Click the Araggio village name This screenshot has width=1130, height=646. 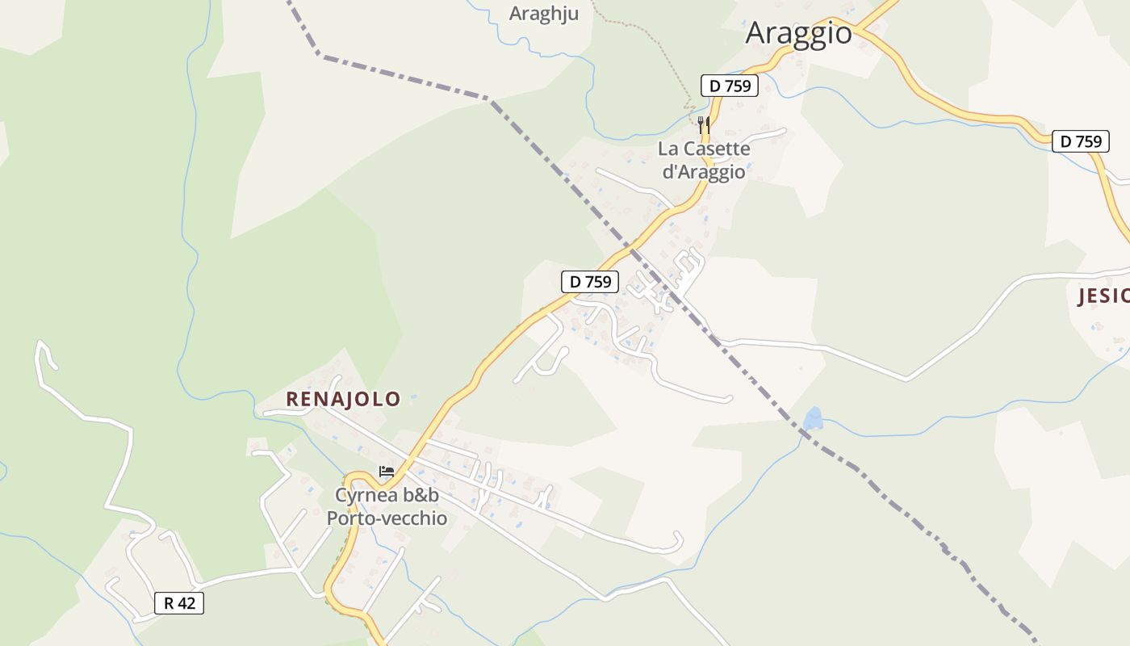798,33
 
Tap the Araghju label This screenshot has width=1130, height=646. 544,14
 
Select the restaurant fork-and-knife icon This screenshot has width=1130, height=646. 704,124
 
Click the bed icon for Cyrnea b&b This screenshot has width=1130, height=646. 387,472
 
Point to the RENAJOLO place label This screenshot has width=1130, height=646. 343,399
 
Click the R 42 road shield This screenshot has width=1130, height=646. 179,602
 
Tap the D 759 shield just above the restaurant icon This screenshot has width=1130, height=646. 730,86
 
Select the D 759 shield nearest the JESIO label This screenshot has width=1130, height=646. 1081,141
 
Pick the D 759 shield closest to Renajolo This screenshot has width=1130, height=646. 590,282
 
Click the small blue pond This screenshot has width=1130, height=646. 813,418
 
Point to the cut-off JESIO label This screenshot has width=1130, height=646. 1103,296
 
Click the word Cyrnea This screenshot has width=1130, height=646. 367,495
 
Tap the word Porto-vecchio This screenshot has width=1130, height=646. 387,518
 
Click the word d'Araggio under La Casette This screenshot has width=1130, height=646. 703,171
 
